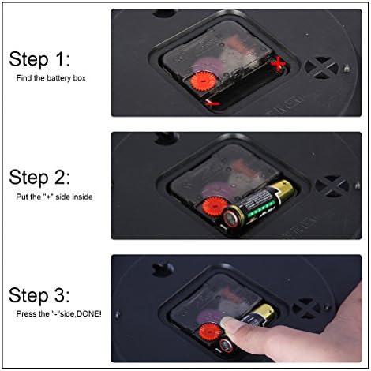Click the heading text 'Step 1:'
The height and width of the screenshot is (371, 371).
(39, 59)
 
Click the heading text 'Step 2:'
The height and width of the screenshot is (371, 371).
(39, 178)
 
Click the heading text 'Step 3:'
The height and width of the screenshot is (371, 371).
(39, 295)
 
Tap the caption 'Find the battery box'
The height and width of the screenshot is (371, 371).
(51, 78)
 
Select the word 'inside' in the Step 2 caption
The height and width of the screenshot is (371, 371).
(82, 197)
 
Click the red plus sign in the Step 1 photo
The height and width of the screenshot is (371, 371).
(278, 64)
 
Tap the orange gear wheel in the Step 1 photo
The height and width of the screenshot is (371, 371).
(203, 81)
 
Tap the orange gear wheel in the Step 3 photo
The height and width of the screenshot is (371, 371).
(210, 332)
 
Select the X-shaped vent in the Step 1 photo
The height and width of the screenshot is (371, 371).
(321, 68)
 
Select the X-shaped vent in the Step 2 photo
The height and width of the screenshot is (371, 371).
(332, 186)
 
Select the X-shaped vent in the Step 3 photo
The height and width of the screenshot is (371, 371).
(307, 309)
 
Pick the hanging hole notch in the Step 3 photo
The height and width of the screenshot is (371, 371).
(162, 270)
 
